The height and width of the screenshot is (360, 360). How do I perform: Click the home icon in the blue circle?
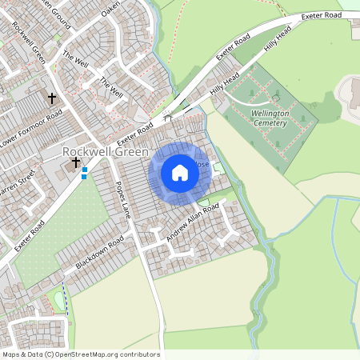coord(180,172)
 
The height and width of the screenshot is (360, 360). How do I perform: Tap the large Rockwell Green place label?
coord(105,152)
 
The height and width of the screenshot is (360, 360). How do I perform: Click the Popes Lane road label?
coord(122,201)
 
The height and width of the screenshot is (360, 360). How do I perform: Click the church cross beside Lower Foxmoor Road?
coord(53,98)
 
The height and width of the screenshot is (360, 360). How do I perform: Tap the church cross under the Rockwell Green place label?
coord(77,162)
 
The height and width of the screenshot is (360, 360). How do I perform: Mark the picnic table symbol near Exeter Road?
coord(168,117)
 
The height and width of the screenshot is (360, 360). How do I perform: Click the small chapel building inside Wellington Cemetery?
coord(274,96)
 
